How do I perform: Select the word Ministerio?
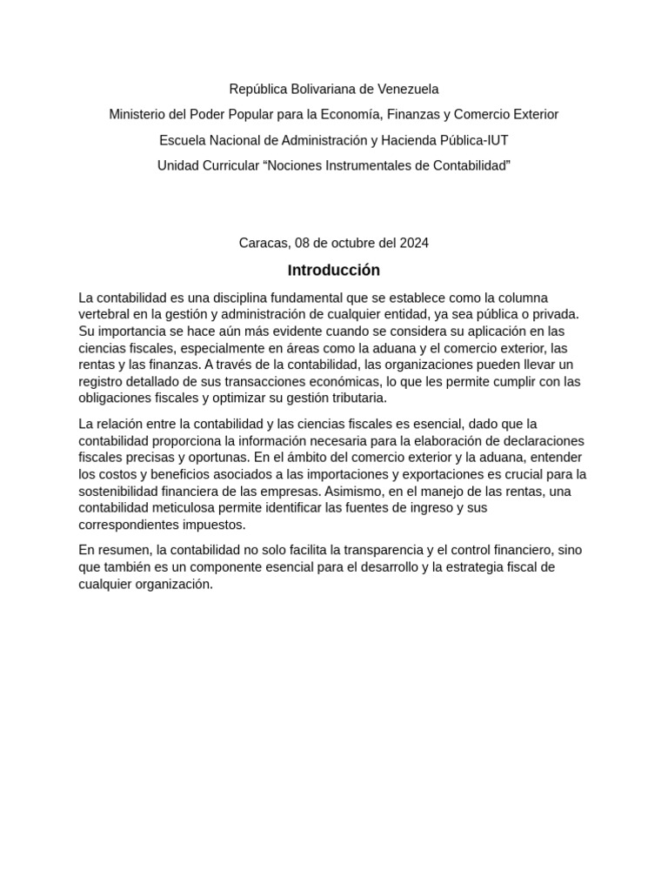point(140,114)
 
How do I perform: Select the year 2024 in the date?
point(413,243)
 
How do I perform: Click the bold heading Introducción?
point(334,270)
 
